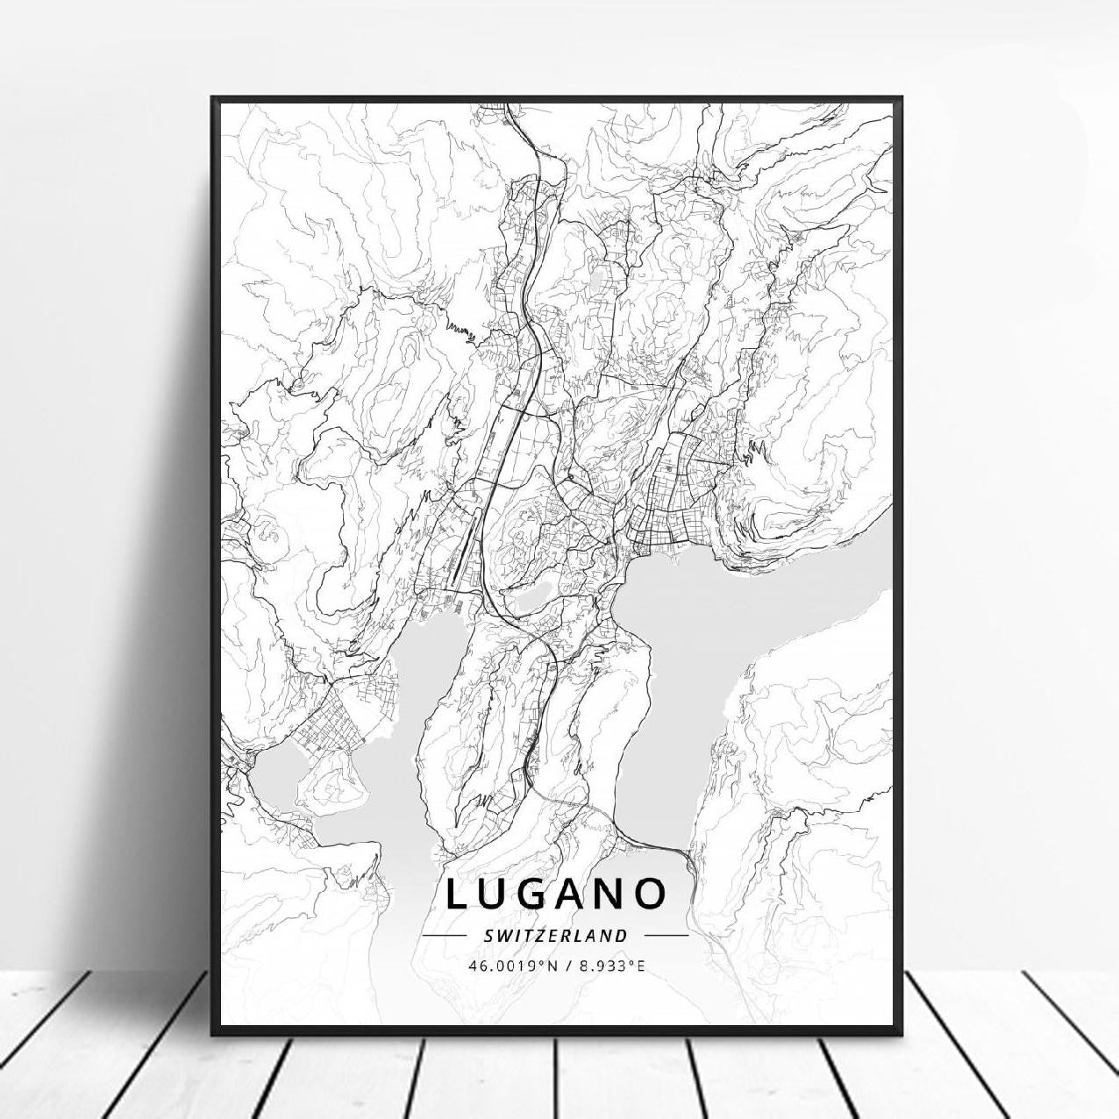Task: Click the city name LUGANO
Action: [556, 894]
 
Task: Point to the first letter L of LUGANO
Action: [459, 894]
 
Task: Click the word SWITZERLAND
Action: [556, 936]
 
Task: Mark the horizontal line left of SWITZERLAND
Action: [445, 936]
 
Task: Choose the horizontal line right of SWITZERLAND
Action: [666, 936]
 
